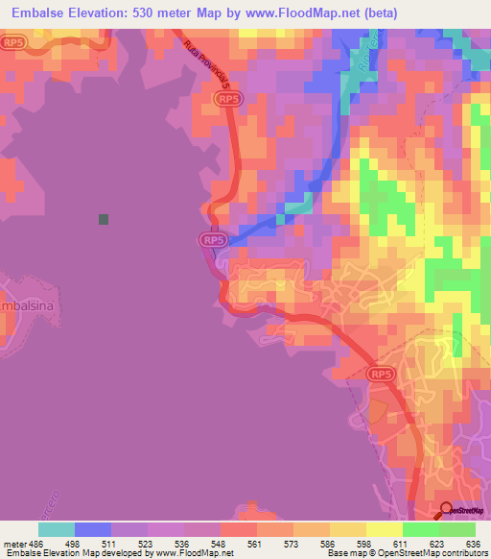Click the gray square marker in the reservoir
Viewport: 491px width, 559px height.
pyautogui.click(x=104, y=219)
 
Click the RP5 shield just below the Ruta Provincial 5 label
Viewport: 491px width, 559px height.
pyautogui.click(x=228, y=99)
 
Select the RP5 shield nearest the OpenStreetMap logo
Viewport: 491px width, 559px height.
pyautogui.click(x=381, y=374)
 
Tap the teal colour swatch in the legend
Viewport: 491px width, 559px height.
pyautogui.click(x=57, y=528)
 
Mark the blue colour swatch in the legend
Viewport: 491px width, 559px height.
pyautogui.click(x=93, y=528)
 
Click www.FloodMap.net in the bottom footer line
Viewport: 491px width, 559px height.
pyautogui.click(x=196, y=552)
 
